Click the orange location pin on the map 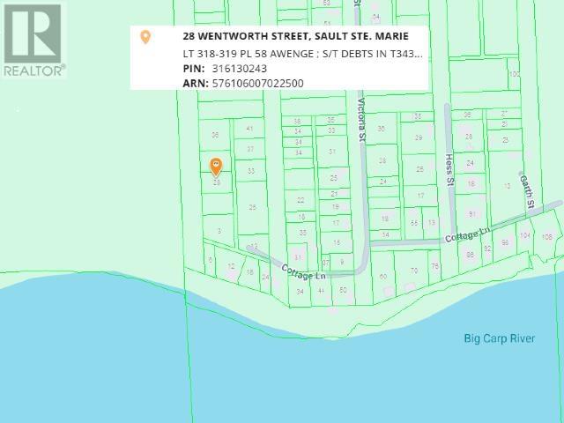coord(216,167)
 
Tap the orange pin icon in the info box coord(146,37)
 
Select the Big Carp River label coord(500,338)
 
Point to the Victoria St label coord(360,119)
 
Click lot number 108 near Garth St coord(546,235)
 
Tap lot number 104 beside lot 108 coord(526,235)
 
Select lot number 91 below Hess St coord(472,214)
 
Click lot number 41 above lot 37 coord(249,129)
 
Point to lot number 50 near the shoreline coord(343,290)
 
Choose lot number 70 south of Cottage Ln coord(414,271)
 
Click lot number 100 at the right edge coord(514,74)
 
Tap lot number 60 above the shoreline coord(383,278)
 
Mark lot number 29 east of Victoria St coord(419,137)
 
